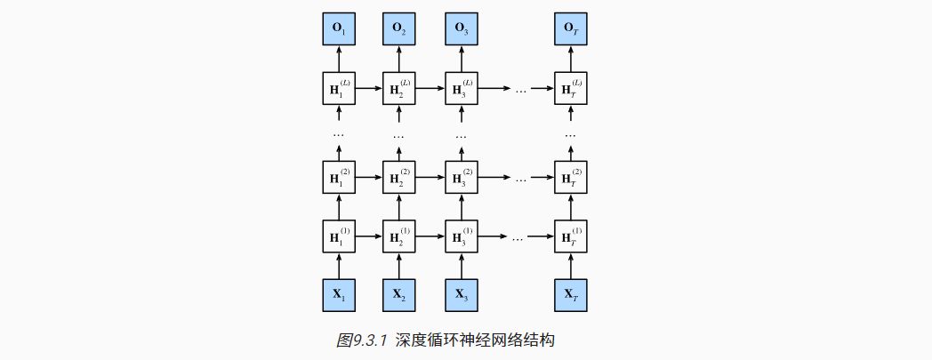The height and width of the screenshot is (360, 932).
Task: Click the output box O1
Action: tap(338, 29)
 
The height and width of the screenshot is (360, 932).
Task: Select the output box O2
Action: tap(399, 29)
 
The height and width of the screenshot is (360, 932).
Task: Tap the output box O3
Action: tap(461, 29)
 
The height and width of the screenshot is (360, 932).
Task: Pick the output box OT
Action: tap(570, 29)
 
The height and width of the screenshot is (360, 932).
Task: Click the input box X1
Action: tap(338, 294)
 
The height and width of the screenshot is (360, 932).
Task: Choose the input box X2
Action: tap(399, 294)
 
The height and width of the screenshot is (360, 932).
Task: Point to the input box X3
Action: tap(461, 294)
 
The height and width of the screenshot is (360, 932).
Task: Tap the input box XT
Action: tap(570, 294)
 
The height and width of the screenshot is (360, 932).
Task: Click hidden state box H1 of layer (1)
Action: tap(338, 236)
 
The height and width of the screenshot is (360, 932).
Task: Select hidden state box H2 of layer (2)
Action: tap(399, 177)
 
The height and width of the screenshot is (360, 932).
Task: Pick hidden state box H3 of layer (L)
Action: tap(461, 89)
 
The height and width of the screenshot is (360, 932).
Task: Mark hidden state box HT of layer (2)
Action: tap(570, 177)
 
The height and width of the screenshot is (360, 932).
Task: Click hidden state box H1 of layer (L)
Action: tap(338, 89)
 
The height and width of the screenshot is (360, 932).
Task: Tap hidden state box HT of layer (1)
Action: tap(570, 236)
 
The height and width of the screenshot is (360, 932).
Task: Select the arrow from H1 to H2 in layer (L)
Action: tap(368, 89)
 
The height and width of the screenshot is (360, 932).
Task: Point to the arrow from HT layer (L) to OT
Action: tap(570, 60)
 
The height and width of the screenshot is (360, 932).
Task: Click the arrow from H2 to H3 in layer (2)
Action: tap(430, 177)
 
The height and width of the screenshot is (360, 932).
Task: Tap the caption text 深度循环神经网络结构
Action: tap(475, 340)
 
